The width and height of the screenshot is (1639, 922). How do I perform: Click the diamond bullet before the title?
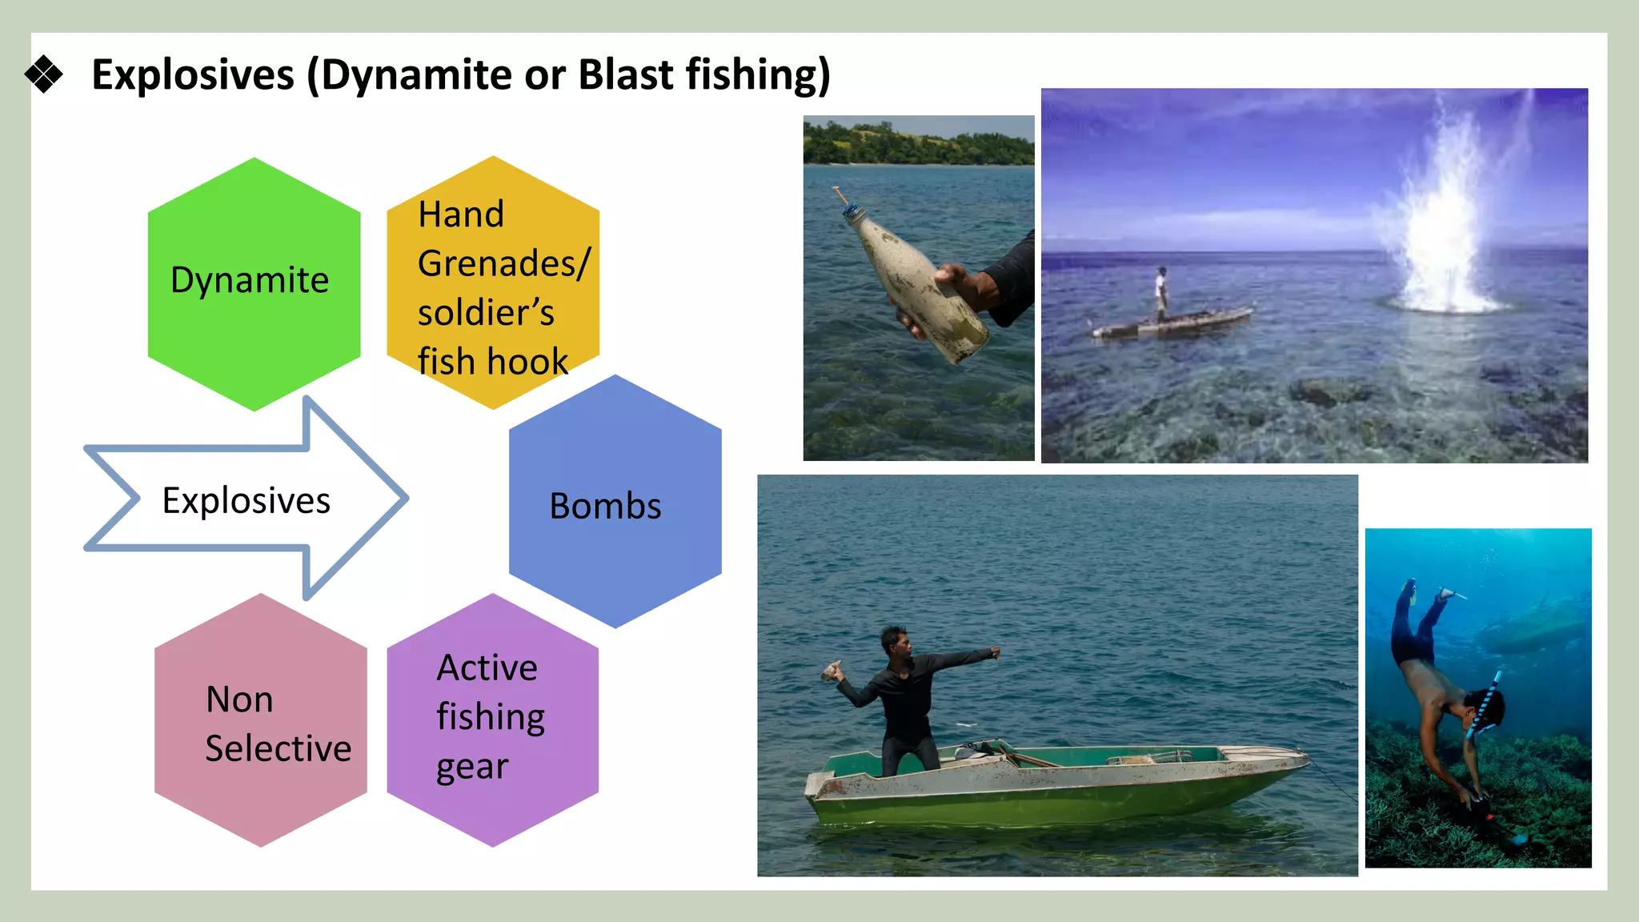[43, 74]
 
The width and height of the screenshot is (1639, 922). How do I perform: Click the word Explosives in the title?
[193, 74]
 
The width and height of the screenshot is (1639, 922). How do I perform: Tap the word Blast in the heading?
[625, 74]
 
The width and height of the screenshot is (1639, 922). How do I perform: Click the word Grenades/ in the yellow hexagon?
[503, 263]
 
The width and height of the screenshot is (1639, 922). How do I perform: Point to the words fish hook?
[492, 362]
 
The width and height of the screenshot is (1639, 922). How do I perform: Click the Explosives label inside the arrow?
[246, 500]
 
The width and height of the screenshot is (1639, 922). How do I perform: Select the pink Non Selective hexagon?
[261, 720]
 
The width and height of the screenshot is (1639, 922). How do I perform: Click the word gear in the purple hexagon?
[471, 767]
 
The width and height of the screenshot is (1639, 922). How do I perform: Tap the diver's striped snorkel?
[1485, 704]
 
